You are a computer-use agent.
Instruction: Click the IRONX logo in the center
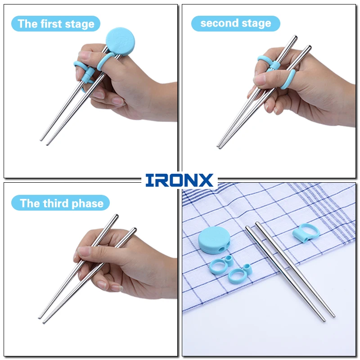pos(179,180)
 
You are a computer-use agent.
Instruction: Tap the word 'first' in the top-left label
pos(51,24)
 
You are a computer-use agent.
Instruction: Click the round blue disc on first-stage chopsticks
pos(120,41)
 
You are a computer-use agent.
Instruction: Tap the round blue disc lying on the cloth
pos(213,240)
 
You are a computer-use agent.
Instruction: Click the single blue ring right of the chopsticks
pos(306,233)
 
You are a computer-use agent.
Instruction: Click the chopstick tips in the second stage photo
pos(219,147)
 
